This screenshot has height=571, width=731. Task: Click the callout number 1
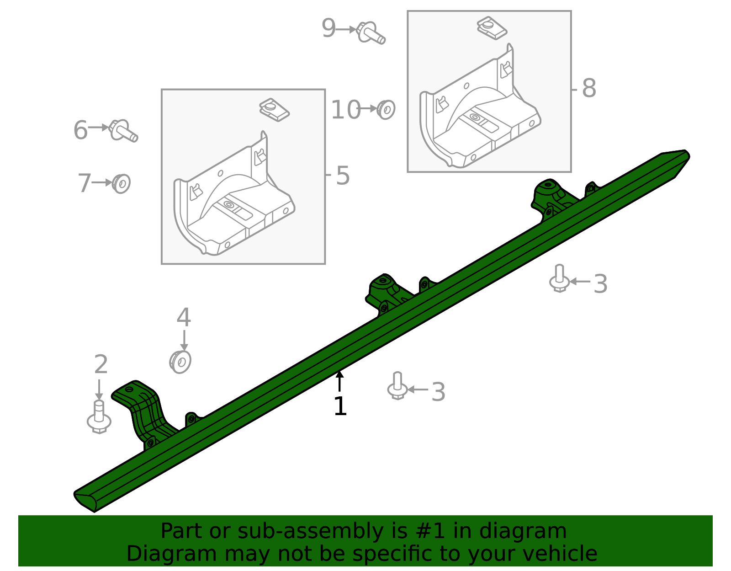click(340, 406)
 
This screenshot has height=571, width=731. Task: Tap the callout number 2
click(101, 364)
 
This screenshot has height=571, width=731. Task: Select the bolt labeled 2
click(99, 416)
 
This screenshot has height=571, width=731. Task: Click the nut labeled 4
click(180, 362)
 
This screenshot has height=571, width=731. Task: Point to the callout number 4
click(183, 317)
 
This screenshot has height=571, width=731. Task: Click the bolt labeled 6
click(123, 131)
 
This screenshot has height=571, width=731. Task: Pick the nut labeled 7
click(122, 183)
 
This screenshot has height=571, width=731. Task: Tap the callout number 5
click(343, 176)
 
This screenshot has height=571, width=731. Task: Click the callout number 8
click(589, 88)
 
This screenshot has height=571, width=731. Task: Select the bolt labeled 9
click(371, 33)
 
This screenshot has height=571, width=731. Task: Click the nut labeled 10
click(386, 110)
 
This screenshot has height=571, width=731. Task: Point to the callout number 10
click(345, 110)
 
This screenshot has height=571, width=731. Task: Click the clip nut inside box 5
click(274, 110)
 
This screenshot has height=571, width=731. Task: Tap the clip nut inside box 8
click(492, 28)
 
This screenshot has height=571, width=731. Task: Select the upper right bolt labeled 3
click(559, 278)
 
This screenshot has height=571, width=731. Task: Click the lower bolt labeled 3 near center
click(397, 386)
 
